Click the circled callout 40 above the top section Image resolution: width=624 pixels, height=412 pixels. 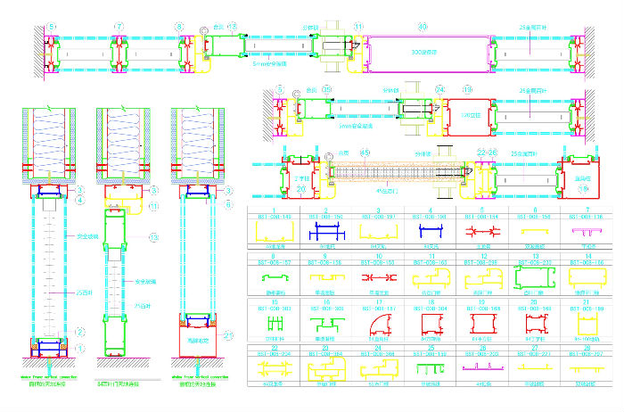pyautogui.click(x=423, y=27)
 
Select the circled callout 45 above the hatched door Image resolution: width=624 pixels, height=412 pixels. pyautogui.click(x=363, y=152)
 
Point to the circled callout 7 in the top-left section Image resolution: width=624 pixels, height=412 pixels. pyautogui.click(x=119, y=27)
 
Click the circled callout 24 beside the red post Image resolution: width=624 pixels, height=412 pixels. pyautogui.click(x=439, y=89)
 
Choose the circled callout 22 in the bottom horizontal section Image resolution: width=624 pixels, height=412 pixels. pyautogui.click(x=481, y=152)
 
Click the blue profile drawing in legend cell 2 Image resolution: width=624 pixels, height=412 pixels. pyautogui.click(x=321, y=235)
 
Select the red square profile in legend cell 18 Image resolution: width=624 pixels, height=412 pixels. pyautogui.click(x=428, y=322)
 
